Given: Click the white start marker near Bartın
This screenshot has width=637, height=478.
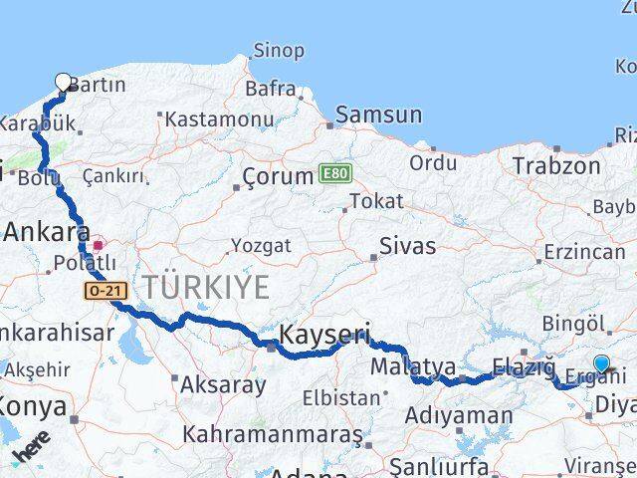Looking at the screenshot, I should (x=64, y=83).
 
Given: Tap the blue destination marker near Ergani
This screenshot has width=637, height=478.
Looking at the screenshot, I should (x=601, y=364).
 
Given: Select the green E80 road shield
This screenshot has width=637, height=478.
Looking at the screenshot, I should (x=335, y=174).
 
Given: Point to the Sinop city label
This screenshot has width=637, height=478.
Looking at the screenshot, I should (x=279, y=50).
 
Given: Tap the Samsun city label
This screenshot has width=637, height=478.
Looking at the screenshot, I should (x=378, y=115).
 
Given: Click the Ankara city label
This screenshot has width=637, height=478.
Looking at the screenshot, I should (x=41, y=233).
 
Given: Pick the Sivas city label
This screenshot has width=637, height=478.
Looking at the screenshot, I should (x=408, y=246).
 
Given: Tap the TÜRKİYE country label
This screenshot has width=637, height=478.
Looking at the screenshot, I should (x=205, y=288).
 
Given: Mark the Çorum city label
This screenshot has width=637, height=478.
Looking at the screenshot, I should (x=278, y=176).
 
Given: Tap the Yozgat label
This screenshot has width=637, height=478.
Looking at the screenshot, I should (x=261, y=245).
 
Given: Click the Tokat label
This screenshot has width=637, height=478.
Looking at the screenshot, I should (x=376, y=201).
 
